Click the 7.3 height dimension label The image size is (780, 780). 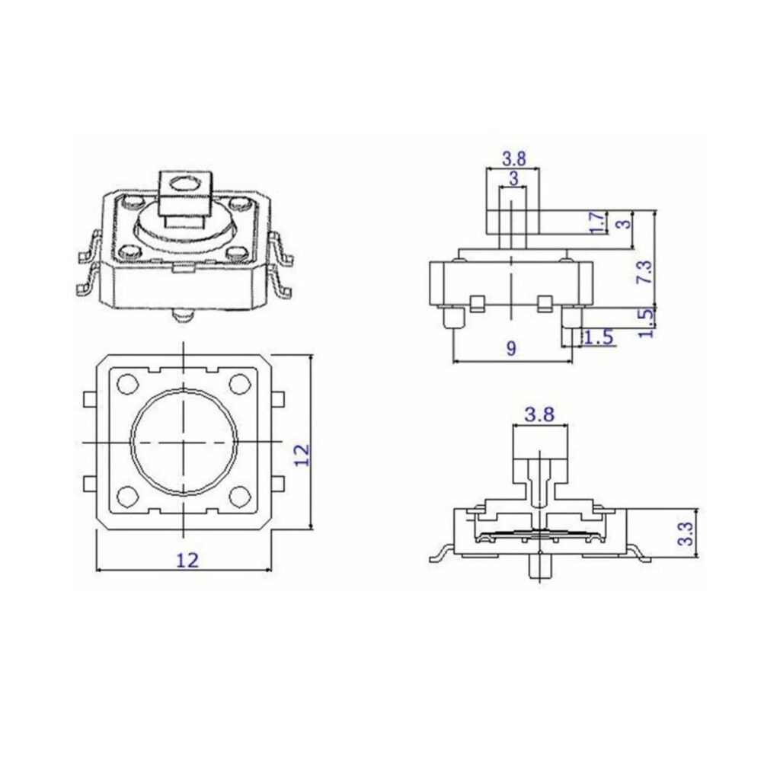(644, 273)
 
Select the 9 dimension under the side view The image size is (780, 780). (511, 348)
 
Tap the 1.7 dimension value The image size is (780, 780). (599, 223)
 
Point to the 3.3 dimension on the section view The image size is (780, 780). (686, 532)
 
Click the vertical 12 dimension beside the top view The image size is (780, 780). (302, 454)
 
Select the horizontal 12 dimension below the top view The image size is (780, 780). (187, 560)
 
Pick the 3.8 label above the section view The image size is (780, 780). (539, 414)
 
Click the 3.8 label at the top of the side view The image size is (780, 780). (514, 158)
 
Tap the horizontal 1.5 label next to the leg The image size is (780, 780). (599, 337)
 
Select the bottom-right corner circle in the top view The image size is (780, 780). (240, 497)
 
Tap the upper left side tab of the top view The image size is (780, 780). (88, 399)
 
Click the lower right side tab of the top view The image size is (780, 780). (279, 482)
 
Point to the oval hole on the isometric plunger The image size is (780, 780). (184, 183)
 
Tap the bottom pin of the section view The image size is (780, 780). (539, 567)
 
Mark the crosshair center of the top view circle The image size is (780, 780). (184, 441)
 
